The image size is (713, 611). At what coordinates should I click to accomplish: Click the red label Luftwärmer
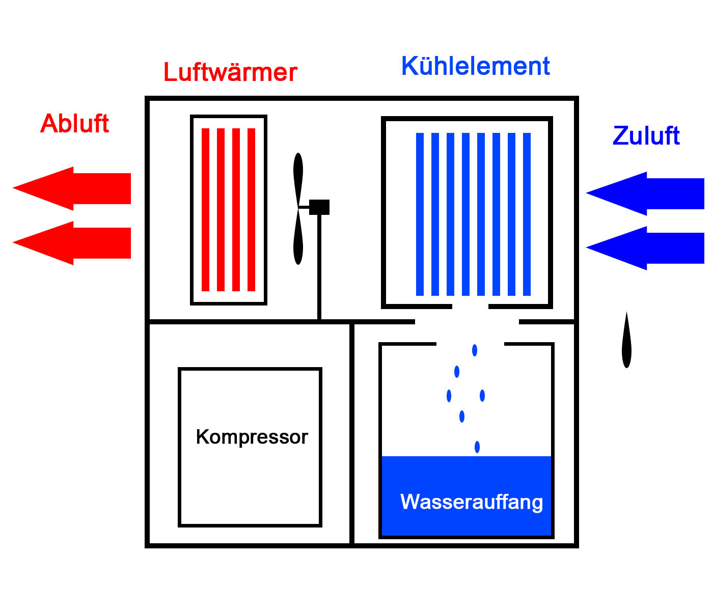[230, 72]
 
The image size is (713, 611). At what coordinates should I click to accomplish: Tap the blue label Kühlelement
[475, 66]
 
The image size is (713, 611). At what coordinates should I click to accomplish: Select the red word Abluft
[74, 124]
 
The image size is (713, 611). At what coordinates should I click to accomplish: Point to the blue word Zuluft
[646, 136]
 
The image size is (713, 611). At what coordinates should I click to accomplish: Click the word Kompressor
[252, 437]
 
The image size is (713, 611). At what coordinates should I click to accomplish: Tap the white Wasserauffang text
[472, 502]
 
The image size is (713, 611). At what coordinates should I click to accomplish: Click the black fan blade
[298, 209]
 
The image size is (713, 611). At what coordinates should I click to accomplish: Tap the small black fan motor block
[319, 207]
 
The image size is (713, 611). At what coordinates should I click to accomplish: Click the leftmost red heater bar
[206, 209]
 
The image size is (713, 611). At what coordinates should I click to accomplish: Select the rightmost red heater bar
[251, 209]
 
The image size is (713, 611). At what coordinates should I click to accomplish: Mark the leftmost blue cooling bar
[420, 214]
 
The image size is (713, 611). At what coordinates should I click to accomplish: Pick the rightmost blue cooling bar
[527, 214]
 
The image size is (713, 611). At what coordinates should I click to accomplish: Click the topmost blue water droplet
[475, 350]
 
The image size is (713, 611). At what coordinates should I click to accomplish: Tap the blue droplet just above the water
[477, 447]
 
